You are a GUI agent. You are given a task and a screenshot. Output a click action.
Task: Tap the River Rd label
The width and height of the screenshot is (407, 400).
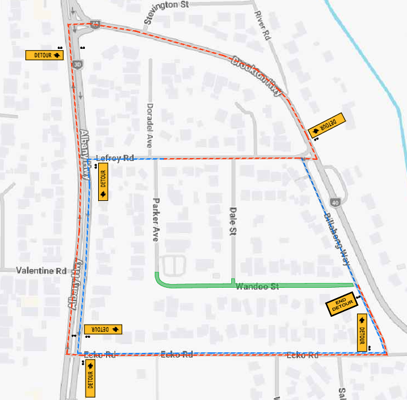point(261,25)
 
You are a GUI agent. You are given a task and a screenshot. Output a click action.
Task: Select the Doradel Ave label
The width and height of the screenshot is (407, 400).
point(150,125)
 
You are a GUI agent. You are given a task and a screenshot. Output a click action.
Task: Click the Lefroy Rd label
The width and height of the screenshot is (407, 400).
point(114,158)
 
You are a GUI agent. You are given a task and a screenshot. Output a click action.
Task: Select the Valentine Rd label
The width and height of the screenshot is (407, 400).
point(41,271)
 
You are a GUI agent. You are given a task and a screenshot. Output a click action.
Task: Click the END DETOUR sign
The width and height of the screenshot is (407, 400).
point(341,306)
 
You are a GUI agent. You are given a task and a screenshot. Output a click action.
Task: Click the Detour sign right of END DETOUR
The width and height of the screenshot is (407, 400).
point(362,332)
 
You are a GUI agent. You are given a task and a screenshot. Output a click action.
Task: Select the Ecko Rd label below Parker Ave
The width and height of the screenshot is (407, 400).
point(178,354)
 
